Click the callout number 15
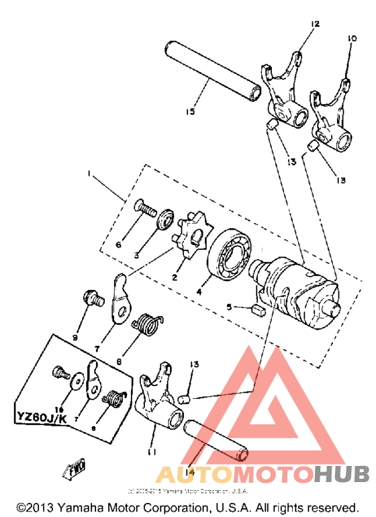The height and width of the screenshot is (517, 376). (191, 111)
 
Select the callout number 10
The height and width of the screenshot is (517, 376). (349, 39)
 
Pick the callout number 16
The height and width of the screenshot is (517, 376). (59, 408)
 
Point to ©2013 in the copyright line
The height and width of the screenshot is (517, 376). (33, 508)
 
